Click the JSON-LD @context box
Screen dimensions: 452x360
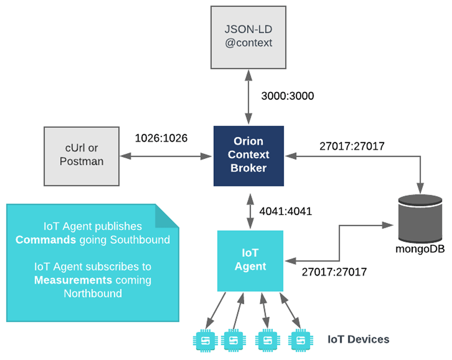pos(248,37)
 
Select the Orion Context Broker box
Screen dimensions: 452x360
pos(249,156)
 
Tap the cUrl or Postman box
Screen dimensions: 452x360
pos(81,156)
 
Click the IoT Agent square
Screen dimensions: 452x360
pos(250,261)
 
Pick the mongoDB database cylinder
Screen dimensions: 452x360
pos(420,219)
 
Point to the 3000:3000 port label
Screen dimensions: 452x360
pos(287,96)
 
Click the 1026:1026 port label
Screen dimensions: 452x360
pos(161,138)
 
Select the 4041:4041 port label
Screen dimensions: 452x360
pos(285,212)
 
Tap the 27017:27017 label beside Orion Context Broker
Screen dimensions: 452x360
pos(352,146)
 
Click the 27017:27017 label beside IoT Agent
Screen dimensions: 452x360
pos(334,272)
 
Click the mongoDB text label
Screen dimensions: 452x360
pos(420,249)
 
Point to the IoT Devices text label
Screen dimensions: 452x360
pos(358,340)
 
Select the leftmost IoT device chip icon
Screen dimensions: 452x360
pos(205,341)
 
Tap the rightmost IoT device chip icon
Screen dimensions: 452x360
pos(301,341)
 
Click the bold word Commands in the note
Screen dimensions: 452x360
pos(46,240)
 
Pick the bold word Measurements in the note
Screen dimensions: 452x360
pos(73,280)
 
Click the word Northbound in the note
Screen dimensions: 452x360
pos(93,294)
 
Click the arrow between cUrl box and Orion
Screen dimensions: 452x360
pos(166,156)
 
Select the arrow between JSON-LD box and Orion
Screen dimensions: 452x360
pos(249,97)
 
